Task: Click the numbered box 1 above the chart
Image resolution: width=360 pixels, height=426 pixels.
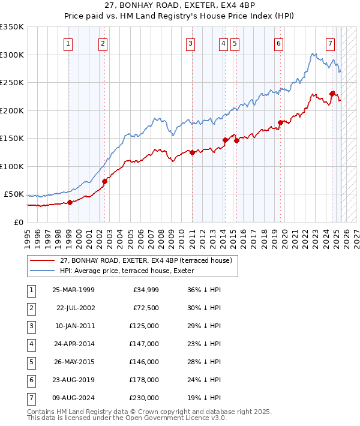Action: click(68, 43)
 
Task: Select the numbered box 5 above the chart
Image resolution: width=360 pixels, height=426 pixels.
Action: click(234, 43)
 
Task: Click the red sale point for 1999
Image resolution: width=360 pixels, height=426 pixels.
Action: click(70, 202)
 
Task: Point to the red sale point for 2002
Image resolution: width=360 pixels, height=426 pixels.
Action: click(104, 181)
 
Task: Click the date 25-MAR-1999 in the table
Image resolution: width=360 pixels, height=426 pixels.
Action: click(73, 290)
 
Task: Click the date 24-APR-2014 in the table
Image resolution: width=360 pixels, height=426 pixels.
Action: click(73, 344)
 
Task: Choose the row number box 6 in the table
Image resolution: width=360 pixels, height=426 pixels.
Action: click(31, 380)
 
